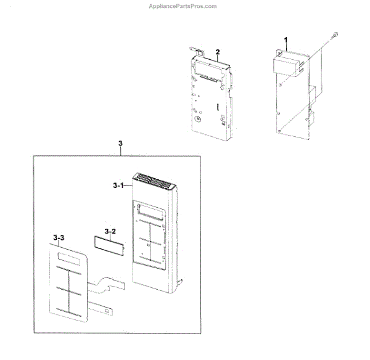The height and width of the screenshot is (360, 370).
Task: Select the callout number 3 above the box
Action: tap(120, 144)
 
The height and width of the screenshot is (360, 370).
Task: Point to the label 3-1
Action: tap(119, 184)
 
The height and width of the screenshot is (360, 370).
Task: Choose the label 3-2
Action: tap(110, 231)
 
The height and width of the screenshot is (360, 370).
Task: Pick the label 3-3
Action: tap(59, 237)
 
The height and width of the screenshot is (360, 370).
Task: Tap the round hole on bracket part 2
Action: tap(197, 119)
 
